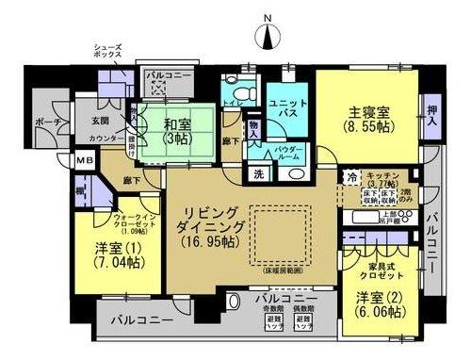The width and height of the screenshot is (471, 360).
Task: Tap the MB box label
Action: pyautogui.click(x=84, y=162)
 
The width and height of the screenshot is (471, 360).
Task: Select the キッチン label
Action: pyautogui.click(x=384, y=176)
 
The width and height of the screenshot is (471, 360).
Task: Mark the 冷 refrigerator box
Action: pyautogui.click(x=351, y=178)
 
